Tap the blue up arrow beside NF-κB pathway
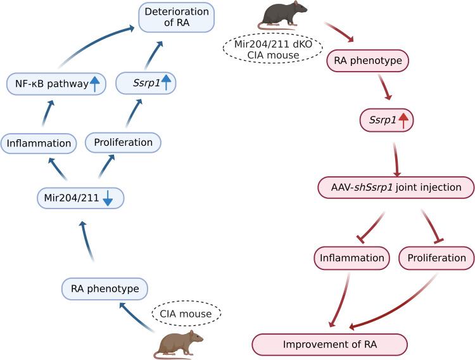pos(94,84)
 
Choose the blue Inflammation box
pos(39,143)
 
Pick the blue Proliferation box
pos(123,143)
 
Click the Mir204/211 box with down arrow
pos(80,198)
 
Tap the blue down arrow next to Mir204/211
pos(108,198)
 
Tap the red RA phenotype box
pos(367,61)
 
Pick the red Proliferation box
pos(436,258)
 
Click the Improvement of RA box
pos(329,345)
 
